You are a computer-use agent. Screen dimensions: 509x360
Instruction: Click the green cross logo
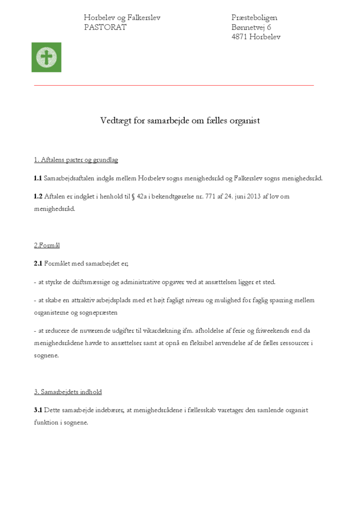pos(46,57)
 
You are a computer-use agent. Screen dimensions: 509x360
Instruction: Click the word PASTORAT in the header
pos(105,27)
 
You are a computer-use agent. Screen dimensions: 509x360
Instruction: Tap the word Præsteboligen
pos(254,18)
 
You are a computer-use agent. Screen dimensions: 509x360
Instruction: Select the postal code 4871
pos(239,37)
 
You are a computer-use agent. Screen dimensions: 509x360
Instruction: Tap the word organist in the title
pos(243,121)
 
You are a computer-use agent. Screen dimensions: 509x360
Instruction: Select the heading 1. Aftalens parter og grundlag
pos(76,160)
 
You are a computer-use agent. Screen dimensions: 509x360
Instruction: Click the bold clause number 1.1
pos(37,178)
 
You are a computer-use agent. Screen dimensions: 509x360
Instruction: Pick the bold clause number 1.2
pos(38,197)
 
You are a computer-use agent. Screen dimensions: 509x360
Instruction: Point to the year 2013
pos(254,197)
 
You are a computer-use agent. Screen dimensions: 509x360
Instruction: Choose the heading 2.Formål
pos(47,245)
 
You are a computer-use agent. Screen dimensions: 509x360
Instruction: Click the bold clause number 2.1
pos(38,264)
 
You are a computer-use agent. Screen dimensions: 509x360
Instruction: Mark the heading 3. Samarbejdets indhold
pos(67,392)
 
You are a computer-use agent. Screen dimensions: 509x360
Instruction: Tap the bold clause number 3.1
pos(38,410)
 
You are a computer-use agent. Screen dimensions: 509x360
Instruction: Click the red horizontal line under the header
pos(174,85)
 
